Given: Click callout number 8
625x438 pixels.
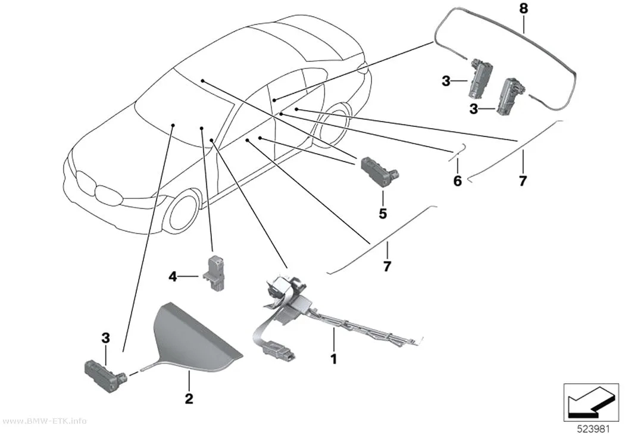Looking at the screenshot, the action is click(x=524, y=8).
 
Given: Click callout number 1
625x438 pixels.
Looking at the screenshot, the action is click(x=334, y=359).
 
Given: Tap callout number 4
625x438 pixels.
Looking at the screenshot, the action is click(x=173, y=276).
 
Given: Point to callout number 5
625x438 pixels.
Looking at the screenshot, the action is click(x=383, y=214).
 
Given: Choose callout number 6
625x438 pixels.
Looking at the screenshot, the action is click(x=458, y=181).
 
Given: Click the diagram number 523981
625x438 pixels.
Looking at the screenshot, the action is click(x=593, y=429).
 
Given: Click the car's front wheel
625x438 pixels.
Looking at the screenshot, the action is click(x=183, y=213).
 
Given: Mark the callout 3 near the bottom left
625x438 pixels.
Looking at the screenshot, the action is click(x=105, y=338).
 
